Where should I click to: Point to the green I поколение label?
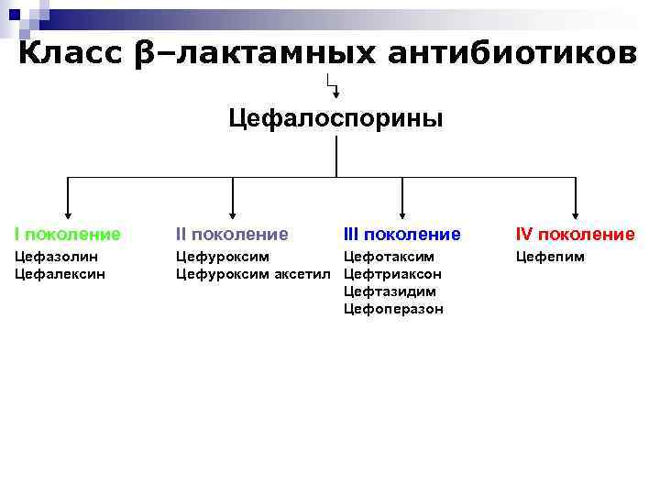(x=67, y=235)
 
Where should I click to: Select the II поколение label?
(x=232, y=235)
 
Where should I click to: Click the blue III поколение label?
(x=401, y=235)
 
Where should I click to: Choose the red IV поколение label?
(x=575, y=235)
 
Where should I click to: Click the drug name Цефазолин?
(x=56, y=257)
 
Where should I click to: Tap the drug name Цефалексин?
(x=60, y=273)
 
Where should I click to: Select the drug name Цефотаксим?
(x=389, y=257)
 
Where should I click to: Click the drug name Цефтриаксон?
(x=392, y=273)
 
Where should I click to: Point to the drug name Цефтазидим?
(x=390, y=291)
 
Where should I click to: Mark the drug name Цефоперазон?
(x=393, y=309)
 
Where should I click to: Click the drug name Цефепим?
(x=550, y=257)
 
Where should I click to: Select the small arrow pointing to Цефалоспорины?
(x=335, y=91)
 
